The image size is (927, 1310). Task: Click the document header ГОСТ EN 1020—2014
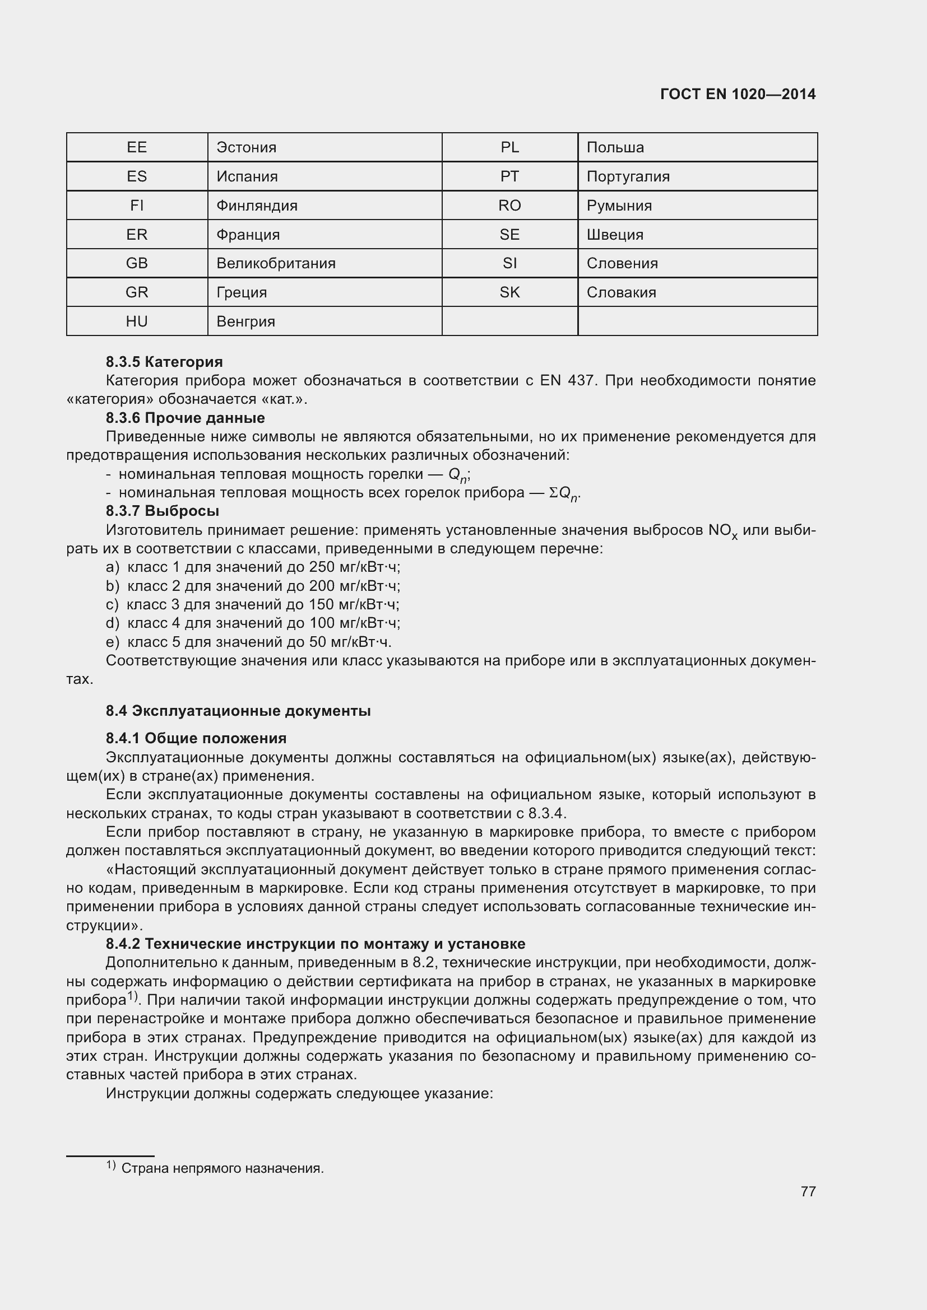point(738,94)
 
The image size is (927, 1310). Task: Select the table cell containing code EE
point(136,147)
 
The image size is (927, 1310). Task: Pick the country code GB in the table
point(136,263)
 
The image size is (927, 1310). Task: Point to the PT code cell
point(509,176)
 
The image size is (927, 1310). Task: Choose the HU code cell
point(136,321)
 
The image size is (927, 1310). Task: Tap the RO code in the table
point(509,206)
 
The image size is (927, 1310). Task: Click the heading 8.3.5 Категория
point(164,362)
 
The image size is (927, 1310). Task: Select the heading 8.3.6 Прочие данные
point(185,418)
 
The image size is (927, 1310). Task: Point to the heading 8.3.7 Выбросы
point(162,511)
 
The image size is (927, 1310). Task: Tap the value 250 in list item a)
point(320,567)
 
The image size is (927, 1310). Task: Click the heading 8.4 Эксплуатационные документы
point(238,711)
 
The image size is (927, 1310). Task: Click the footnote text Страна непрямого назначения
point(222,1168)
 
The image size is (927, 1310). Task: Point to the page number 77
point(808,1191)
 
